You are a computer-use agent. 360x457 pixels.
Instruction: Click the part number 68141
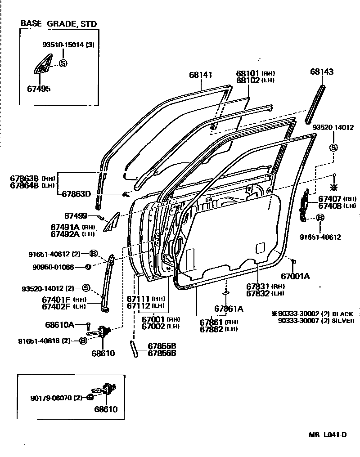click(x=200, y=75)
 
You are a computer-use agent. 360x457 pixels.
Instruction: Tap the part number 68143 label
click(x=321, y=72)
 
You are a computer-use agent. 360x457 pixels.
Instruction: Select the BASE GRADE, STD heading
click(x=58, y=24)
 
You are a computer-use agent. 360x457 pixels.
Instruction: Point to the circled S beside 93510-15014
click(x=63, y=63)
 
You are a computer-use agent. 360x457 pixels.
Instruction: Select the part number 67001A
click(x=295, y=276)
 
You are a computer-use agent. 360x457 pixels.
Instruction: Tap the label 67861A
click(x=228, y=309)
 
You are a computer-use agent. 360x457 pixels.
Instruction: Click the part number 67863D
click(x=76, y=194)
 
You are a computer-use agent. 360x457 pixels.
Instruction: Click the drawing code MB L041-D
click(x=328, y=435)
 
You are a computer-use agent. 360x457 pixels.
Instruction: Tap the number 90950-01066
click(x=53, y=267)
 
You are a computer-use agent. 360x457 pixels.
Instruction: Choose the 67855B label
click(x=162, y=346)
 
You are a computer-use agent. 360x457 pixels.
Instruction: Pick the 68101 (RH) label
click(x=249, y=73)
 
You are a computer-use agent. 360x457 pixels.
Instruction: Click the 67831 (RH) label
click(x=258, y=286)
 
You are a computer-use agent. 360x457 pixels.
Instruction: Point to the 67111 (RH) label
click(x=139, y=299)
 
